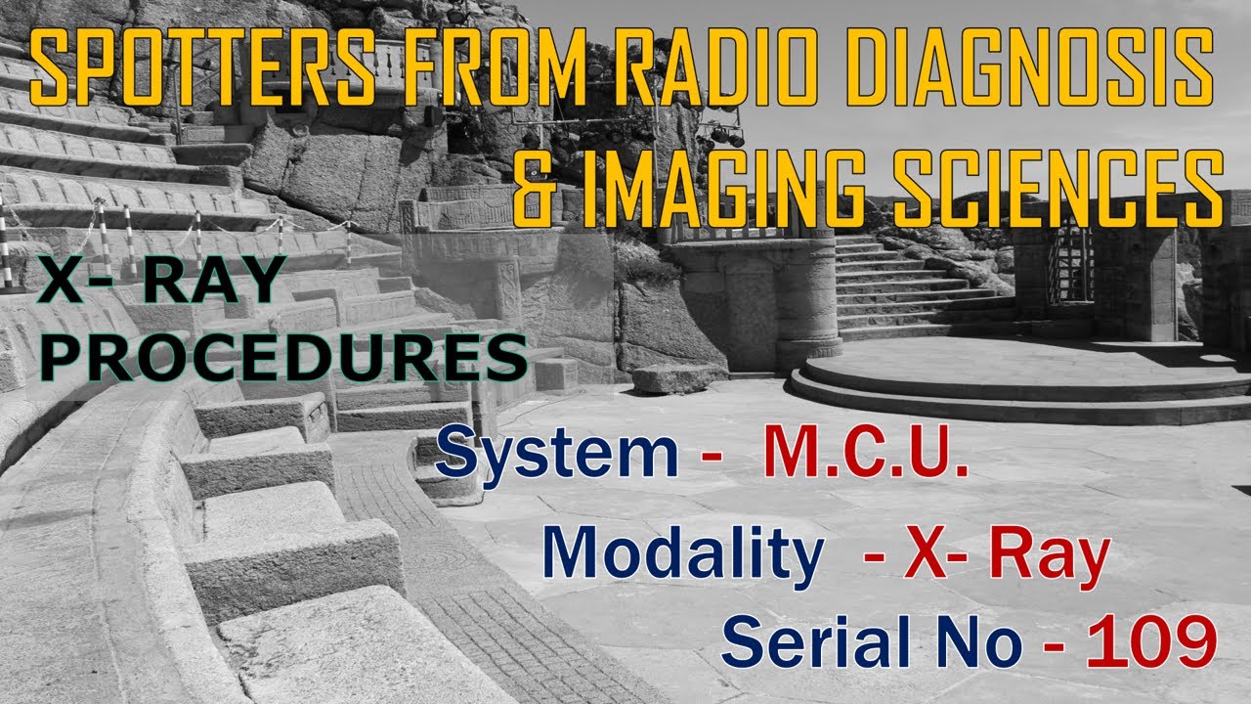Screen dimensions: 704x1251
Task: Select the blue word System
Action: tap(557, 455)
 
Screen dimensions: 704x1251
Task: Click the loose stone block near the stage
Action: tap(678, 378)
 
